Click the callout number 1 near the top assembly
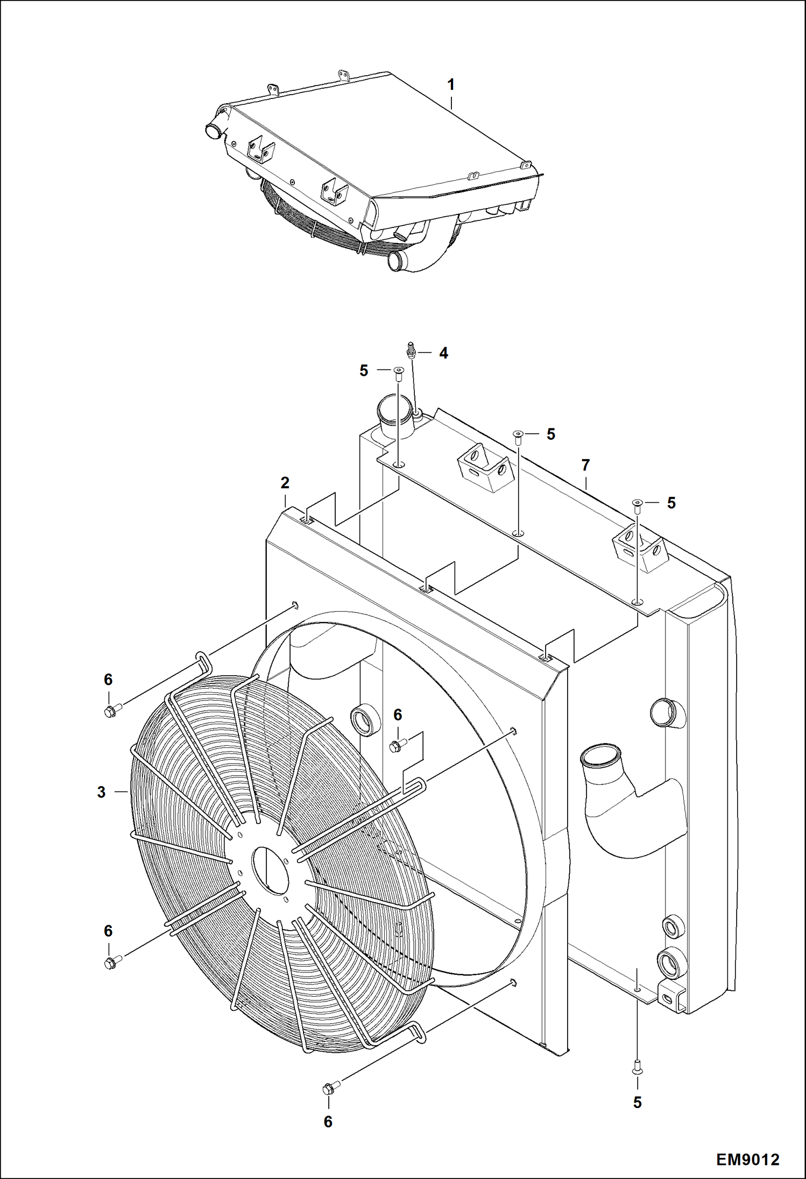pyautogui.click(x=451, y=85)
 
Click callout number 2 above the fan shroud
pyautogui.click(x=285, y=483)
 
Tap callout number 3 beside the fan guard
pyautogui.click(x=101, y=792)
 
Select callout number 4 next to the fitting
pyautogui.click(x=443, y=353)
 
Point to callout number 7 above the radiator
pyautogui.click(x=585, y=465)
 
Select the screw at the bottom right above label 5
pyautogui.click(x=637, y=1066)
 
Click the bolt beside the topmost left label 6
pyautogui.click(x=111, y=711)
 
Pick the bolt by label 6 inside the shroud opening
pyautogui.click(x=397, y=745)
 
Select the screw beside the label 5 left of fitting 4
pyautogui.click(x=398, y=373)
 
